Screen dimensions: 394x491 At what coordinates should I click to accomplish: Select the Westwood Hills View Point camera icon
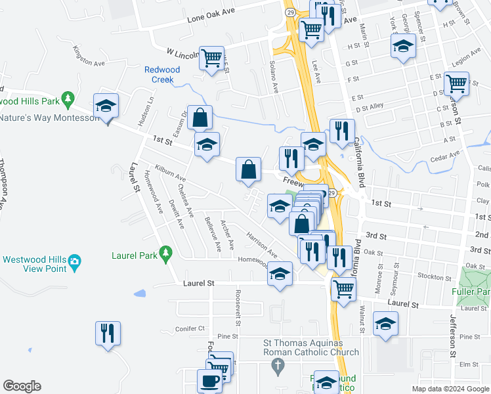point(75,261)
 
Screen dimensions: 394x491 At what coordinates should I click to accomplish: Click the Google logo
point(22,386)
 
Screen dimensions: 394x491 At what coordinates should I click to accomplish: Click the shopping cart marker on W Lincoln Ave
point(211,58)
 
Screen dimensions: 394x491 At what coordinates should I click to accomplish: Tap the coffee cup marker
point(209,380)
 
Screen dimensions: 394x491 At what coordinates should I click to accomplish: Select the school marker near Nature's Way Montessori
point(106,106)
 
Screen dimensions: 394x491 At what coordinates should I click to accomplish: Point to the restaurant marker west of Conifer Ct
point(106,333)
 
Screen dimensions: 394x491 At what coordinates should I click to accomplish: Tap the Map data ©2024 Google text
point(450,389)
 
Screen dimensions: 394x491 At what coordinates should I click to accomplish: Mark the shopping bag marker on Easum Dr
point(200,118)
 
